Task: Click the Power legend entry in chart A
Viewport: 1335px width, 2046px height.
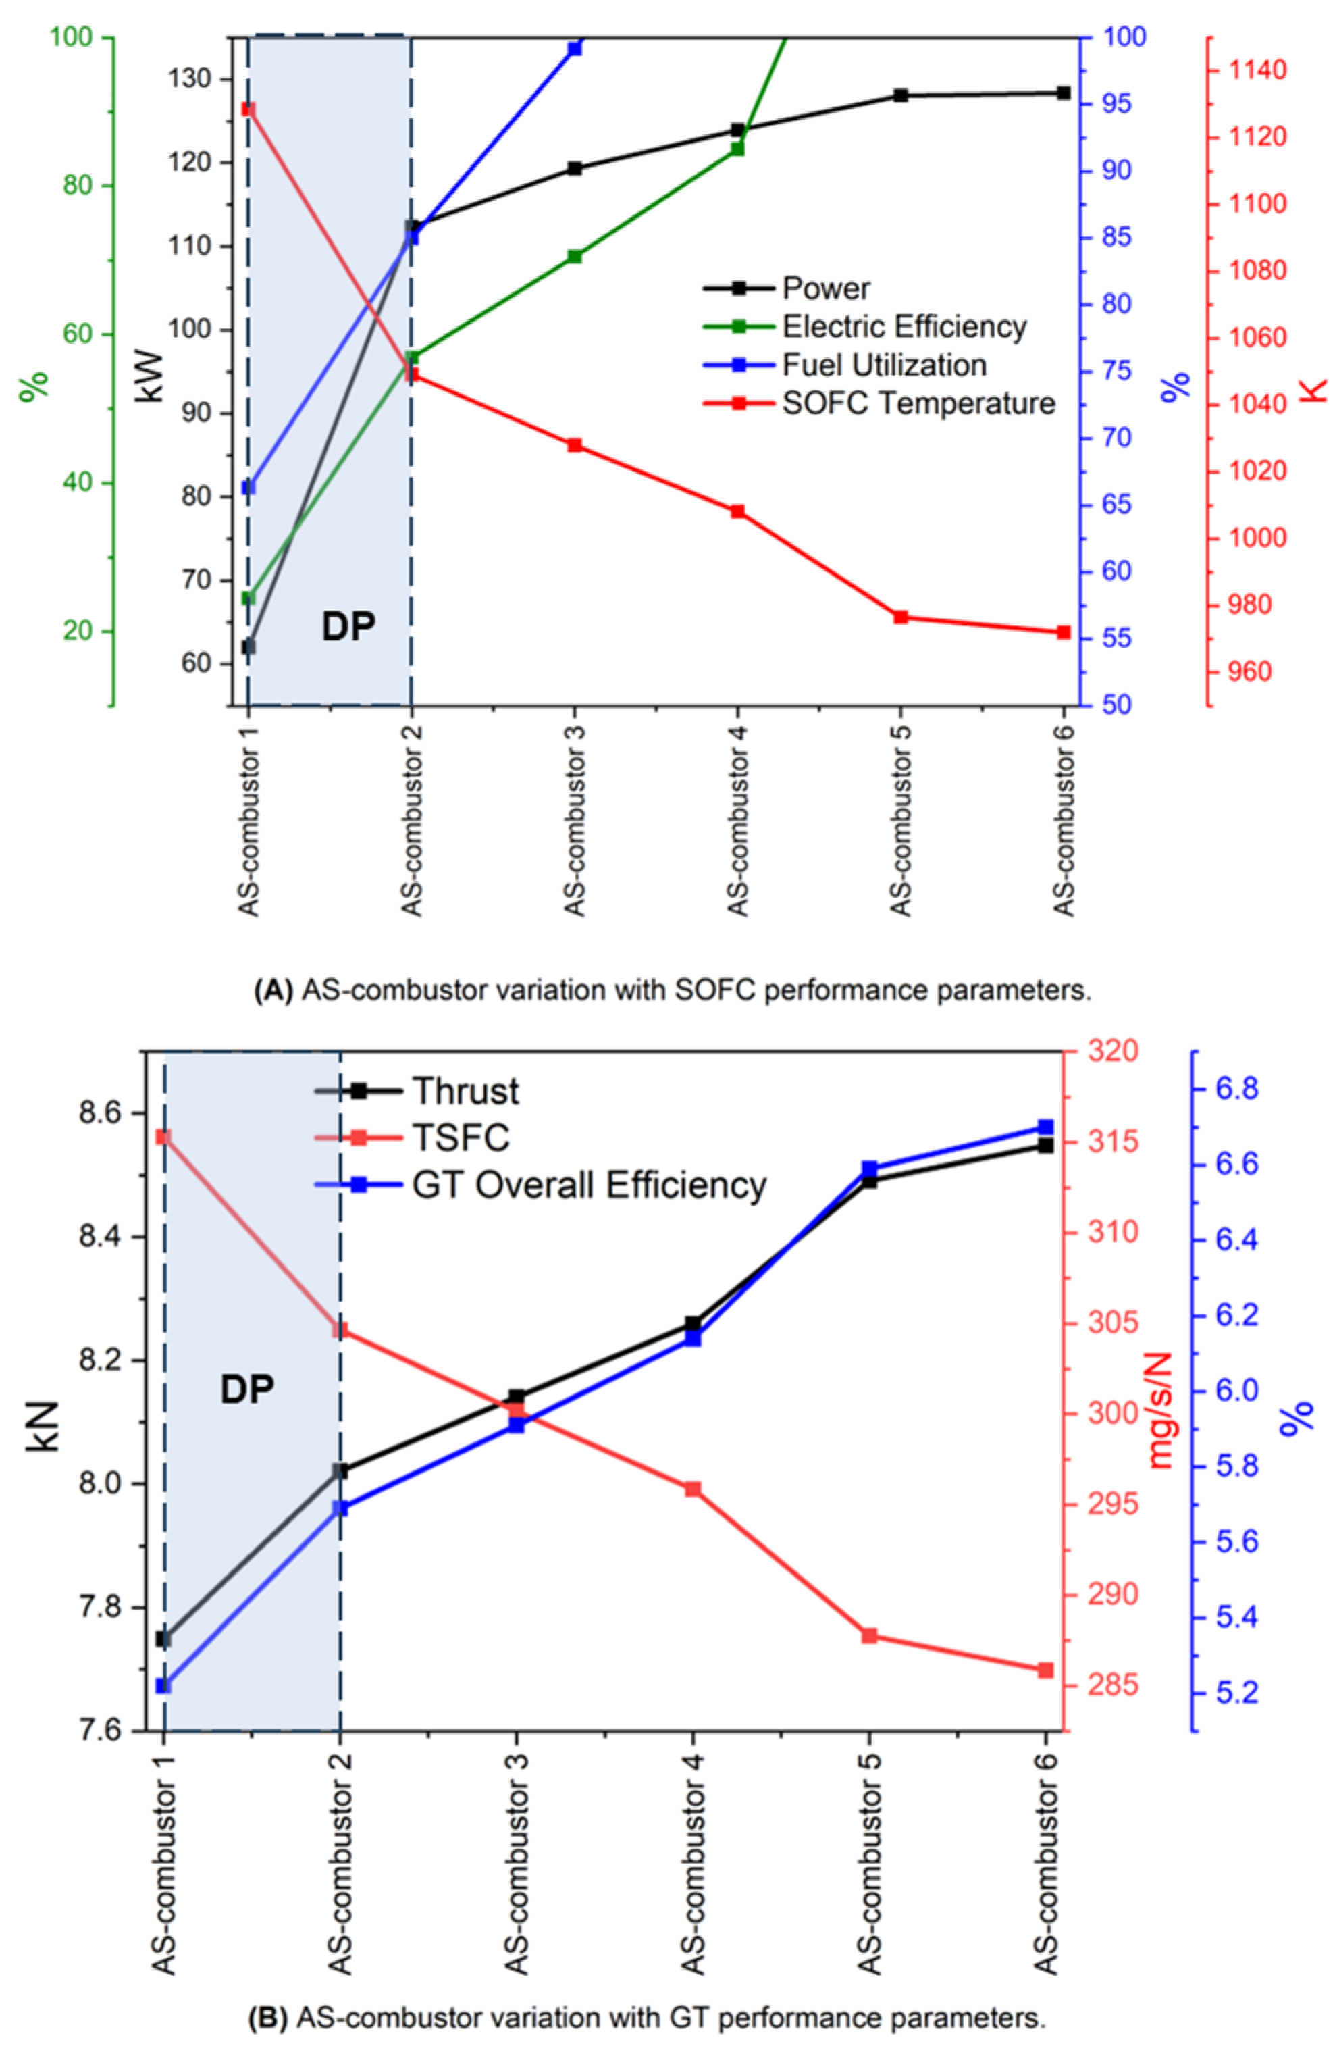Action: tap(825, 288)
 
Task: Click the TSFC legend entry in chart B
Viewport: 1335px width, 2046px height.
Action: tap(461, 1137)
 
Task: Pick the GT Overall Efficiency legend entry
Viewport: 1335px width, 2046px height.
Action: tap(588, 1185)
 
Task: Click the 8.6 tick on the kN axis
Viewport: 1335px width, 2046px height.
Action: tap(101, 1113)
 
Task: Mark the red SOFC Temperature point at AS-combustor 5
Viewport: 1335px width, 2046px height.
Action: tap(900, 617)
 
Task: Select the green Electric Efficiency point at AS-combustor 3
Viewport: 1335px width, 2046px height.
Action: tap(574, 256)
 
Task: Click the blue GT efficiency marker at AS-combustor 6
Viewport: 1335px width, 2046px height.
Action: tap(1045, 1127)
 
